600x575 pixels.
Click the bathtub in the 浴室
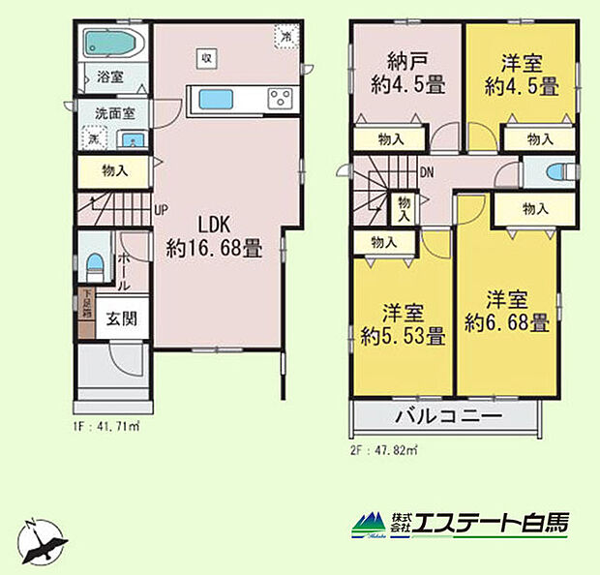click(112, 43)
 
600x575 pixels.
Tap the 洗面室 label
click(114, 112)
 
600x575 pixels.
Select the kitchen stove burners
click(280, 98)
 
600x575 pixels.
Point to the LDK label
click(212, 221)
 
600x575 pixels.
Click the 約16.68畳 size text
click(213, 248)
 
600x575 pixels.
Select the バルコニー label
click(446, 418)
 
